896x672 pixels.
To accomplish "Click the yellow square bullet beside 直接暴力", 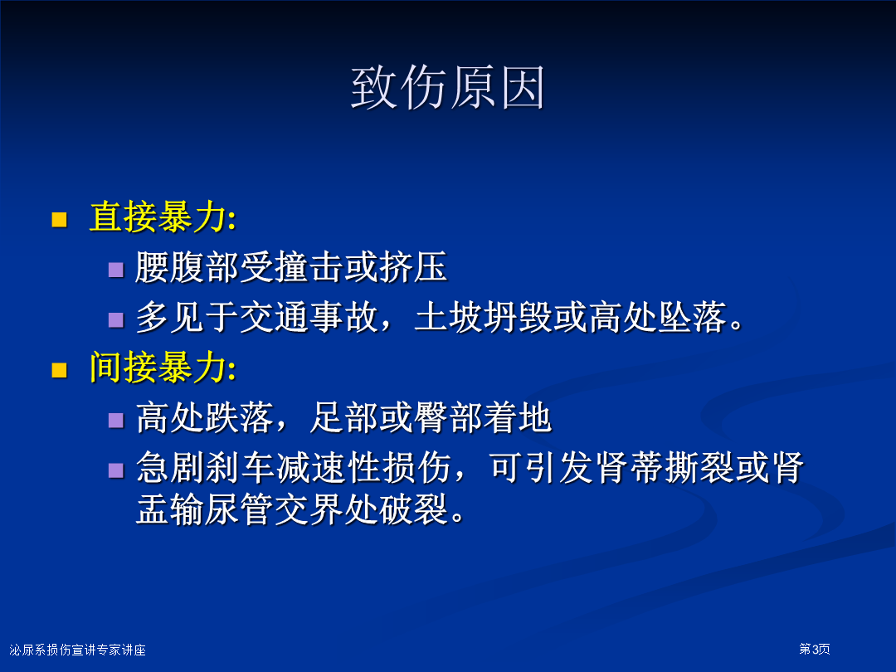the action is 60,219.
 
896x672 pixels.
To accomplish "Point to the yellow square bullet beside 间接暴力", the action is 60,370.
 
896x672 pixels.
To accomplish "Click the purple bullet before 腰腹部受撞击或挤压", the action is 116,269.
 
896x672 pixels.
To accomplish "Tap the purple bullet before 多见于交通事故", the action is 116,319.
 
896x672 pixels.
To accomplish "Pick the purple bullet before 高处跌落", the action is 116,421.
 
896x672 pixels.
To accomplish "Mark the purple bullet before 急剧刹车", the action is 116,470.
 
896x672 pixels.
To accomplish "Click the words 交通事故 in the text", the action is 309,317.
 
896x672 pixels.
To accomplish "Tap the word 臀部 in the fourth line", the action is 449,417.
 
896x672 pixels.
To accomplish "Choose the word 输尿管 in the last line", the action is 222,509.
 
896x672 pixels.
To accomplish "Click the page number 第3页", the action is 815,649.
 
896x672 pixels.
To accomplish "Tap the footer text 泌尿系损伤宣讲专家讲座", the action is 78,650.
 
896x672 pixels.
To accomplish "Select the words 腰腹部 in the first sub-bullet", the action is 187,267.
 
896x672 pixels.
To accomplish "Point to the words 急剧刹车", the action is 205,468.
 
